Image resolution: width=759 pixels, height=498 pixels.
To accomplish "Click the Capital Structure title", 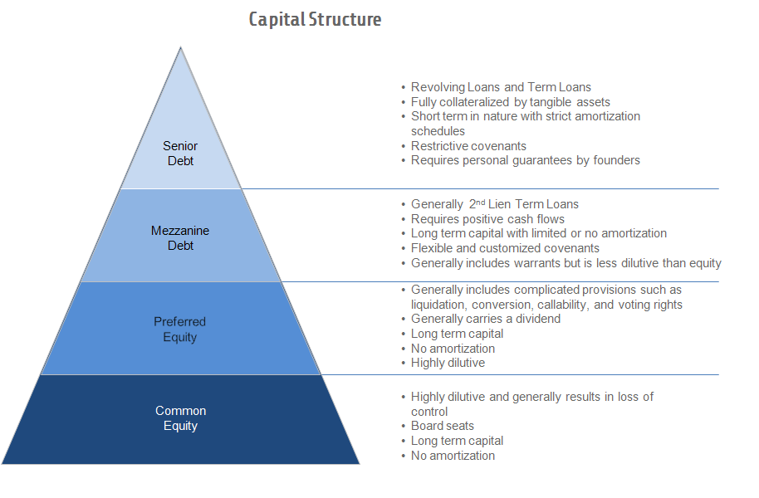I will click(x=315, y=19).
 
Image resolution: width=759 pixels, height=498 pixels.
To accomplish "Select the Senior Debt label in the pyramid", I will click(x=180, y=154).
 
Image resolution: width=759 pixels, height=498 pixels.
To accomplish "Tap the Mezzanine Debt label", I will click(x=180, y=238).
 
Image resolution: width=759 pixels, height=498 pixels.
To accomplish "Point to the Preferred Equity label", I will click(x=180, y=330).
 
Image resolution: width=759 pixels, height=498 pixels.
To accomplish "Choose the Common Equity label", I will click(x=180, y=418).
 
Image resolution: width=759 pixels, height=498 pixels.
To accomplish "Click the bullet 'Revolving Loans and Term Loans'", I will click(x=501, y=87).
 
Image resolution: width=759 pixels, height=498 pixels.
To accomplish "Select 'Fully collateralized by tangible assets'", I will click(x=510, y=102).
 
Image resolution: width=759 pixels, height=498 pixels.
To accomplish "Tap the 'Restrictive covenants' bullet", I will click(x=468, y=146).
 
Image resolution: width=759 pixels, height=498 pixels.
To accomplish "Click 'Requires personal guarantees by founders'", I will click(x=525, y=160).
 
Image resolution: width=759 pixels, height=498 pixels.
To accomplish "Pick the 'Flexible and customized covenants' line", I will click(x=505, y=248).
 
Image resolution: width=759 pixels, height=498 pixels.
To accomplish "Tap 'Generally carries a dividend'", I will click(x=485, y=319).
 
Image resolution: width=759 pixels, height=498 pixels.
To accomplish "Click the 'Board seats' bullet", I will click(x=442, y=426).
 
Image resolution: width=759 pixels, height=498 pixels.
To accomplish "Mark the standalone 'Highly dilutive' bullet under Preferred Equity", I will click(x=448, y=363).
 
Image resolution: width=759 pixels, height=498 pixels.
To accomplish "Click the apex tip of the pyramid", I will click(x=181, y=48).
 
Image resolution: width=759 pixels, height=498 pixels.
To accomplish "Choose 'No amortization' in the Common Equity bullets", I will click(x=453, y=456).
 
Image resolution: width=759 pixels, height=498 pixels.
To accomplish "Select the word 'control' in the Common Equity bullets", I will click(x=429, y=412).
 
